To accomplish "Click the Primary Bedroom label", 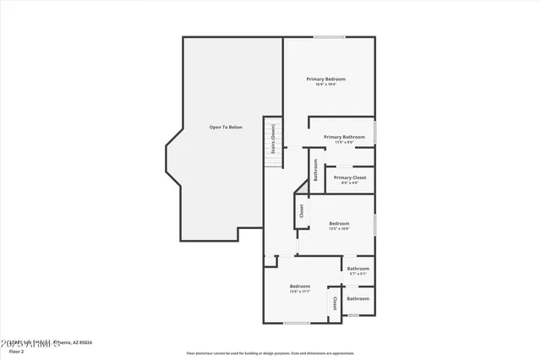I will point(325,79).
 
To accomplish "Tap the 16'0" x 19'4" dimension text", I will point(325,84).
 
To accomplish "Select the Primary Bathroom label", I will point(342,137).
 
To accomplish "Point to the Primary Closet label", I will point(349,177).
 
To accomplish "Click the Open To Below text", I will point(226,127).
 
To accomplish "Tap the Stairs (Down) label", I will point(273,139).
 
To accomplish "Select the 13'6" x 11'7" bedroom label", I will point(300,286).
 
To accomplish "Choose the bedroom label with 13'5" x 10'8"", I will point(339,223).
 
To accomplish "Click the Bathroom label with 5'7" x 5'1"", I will point(358,269).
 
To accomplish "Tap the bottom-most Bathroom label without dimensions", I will point(358,298).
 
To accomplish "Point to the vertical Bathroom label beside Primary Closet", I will point(315,170).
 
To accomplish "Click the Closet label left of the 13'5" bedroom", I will point(300,210).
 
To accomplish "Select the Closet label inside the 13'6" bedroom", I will point(334,303).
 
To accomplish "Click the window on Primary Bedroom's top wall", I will point(329,36).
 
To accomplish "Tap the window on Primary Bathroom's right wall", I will point(376,134).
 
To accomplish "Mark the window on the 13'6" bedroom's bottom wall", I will point(296,323).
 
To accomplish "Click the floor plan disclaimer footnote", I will point(270,353).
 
